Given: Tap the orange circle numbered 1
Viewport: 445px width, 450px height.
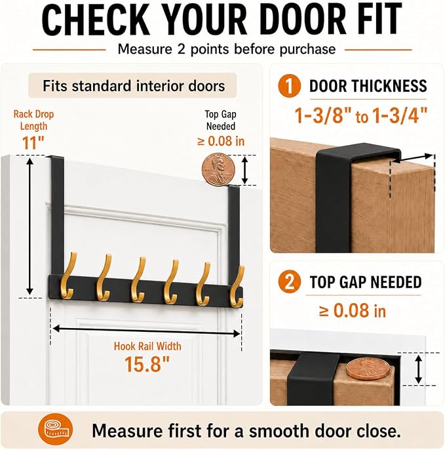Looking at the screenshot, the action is (x=289, y=86).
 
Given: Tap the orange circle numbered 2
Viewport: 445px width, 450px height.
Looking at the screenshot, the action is (x=289, y=281).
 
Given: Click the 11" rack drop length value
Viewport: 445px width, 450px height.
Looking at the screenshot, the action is (x=33, y=143).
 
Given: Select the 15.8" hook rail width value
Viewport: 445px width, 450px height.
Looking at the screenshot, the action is (x=147, y=364).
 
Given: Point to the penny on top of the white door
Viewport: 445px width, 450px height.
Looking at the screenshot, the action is (x=218, y=169).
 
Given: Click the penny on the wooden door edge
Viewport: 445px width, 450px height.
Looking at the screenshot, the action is (x=368, y=369).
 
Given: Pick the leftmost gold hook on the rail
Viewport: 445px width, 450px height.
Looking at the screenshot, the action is (x=68, y=276).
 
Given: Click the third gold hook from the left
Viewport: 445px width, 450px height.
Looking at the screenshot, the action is (x=138, y=280).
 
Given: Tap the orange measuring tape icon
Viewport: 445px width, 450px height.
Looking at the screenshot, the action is (x=55, y=429).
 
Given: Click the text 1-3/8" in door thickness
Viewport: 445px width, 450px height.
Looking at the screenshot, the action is (x=324, y=115).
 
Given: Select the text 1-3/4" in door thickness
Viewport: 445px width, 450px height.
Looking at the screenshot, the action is (x=400, y=115).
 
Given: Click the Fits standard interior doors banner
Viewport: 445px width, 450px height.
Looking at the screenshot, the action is (x=133, y=85).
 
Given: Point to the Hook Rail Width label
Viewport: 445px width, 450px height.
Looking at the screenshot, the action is (x=147, y=346).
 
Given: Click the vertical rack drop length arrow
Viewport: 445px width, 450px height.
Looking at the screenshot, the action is (x=30, y=226).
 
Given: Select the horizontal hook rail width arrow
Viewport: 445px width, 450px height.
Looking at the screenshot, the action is (x=147, y=331).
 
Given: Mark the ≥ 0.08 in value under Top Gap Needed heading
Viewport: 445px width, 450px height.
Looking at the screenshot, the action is (x=353, y=311).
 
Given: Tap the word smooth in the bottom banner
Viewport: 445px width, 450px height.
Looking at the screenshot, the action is (x=279, y=431).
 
